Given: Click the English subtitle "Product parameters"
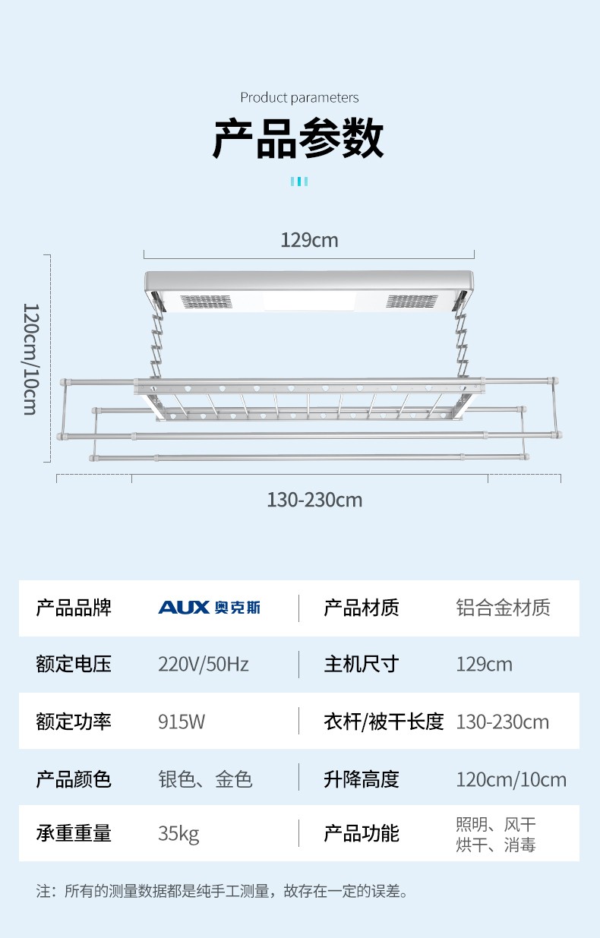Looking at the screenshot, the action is click(299, 97).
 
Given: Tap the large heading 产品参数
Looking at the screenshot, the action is click(298, 138).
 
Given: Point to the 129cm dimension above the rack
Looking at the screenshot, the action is click(309, 240).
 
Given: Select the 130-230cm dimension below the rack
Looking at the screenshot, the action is click(314, 500).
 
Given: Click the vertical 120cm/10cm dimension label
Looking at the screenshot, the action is click(30, 358).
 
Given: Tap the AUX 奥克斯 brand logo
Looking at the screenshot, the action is click(209, 608).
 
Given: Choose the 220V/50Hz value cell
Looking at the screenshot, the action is click(203, 665).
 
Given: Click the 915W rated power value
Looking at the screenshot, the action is click(182, 722).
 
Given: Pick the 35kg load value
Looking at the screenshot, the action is click(178, 833).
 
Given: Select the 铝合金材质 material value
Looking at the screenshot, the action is click(503, 608).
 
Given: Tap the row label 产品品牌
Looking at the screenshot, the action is click(74, 608).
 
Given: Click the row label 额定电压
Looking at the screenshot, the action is click(74, 665).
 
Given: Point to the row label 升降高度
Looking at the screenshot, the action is click(362, 779).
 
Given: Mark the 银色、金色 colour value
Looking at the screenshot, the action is click(205, 779).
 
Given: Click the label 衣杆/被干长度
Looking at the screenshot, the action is click(384, 722).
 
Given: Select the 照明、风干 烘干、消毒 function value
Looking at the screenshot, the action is click(496, 834).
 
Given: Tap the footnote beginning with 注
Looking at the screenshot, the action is click(223, 891).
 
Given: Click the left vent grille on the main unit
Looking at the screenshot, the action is click(206, 302).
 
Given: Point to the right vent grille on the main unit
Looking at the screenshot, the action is click(410, 302).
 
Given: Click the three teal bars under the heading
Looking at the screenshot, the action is click(299, 181).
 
